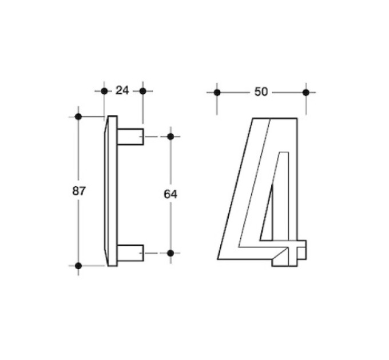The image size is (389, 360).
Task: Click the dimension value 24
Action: (x=122, y=91)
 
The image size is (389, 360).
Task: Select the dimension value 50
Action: (x=261, y=92)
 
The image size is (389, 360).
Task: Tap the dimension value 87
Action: (x=79, y=191)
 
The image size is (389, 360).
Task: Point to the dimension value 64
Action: (x=170, y=194)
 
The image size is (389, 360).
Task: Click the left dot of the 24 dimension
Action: (x=105, y=91)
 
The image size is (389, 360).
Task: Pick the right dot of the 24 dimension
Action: (x=143, y=91)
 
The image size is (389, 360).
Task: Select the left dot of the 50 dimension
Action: (x=217, y=93)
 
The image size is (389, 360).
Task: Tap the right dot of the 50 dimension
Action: (x=306, y=93)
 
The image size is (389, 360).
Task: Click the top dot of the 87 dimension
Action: (x=78, y=117)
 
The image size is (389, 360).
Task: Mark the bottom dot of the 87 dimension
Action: (x=78, y=266)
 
